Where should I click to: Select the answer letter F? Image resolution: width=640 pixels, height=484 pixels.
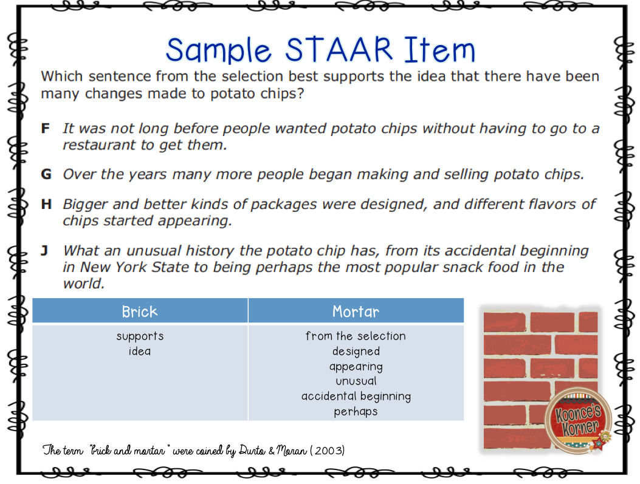point(45,129)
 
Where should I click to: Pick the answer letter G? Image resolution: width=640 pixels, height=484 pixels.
point(46,174)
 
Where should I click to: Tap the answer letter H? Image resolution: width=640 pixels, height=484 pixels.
point(46,204)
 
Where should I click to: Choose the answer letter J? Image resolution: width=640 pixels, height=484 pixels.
point(45,250)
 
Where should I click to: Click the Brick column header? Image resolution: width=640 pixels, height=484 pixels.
point(140,312)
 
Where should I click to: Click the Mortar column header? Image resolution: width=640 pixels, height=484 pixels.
point(356,312)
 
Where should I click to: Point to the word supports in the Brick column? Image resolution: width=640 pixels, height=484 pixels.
point(140,336)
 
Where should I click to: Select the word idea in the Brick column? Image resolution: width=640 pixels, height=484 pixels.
point(140,352)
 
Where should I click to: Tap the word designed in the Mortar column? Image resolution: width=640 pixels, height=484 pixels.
point(356,352)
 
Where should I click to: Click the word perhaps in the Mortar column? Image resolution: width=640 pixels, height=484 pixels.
point(356,412)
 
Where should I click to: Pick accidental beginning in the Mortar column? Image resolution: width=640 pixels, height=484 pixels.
point(356,397)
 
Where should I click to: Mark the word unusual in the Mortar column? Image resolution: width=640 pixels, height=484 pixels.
point(356,381)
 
